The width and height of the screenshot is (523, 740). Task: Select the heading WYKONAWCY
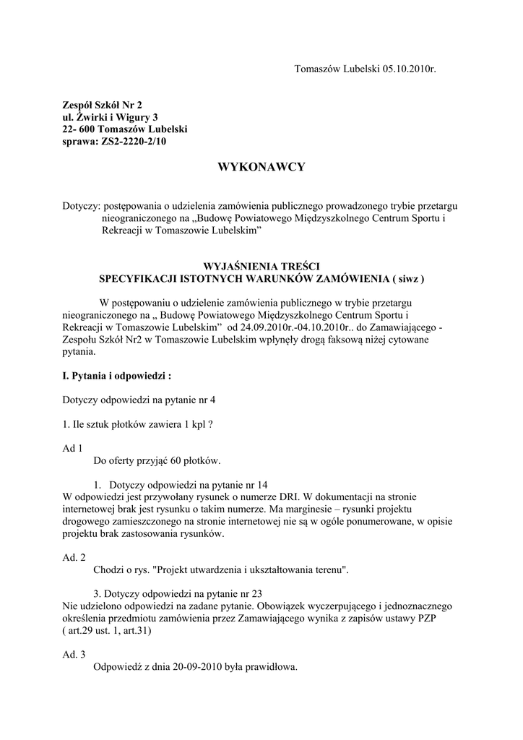pos(261,168)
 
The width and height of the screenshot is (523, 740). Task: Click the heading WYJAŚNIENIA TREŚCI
pos(261,265)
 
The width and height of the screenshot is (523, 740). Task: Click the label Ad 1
pos(73,448)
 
